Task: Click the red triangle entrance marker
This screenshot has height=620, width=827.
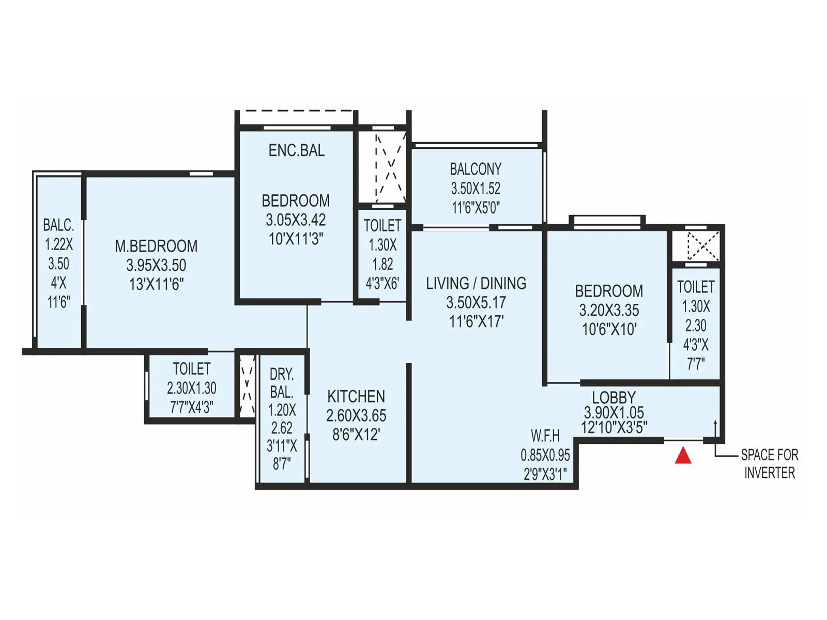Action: [683, 456]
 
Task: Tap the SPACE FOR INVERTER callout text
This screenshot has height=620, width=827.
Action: [769, 463]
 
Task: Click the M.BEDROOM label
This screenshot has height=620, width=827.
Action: [156, 246]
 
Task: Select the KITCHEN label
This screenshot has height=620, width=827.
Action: [356, 396]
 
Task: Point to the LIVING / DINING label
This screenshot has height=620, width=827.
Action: [476, 283]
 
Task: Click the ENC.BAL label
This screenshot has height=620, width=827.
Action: [296, 150]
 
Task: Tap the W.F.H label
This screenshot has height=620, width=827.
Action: [545, 436]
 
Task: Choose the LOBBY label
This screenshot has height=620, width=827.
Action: [614, 397]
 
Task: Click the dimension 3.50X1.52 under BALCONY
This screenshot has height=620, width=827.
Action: [476, 188]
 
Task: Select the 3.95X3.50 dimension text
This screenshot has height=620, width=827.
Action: [156, 265]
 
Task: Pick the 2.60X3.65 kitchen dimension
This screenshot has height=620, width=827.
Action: [356, 415]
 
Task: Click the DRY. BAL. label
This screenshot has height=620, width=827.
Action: [282, 383]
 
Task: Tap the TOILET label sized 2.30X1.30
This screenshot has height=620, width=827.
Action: [192, 369]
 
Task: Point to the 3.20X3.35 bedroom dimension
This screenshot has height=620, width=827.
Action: [609, 310]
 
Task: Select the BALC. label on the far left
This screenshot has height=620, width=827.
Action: [58, 225]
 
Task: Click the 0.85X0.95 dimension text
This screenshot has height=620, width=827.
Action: [545, 455]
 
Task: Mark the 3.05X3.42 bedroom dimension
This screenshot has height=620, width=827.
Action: [296, 220]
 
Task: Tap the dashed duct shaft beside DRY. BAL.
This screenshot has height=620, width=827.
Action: [247, 385]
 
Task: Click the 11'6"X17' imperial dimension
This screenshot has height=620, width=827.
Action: [476, 321]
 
